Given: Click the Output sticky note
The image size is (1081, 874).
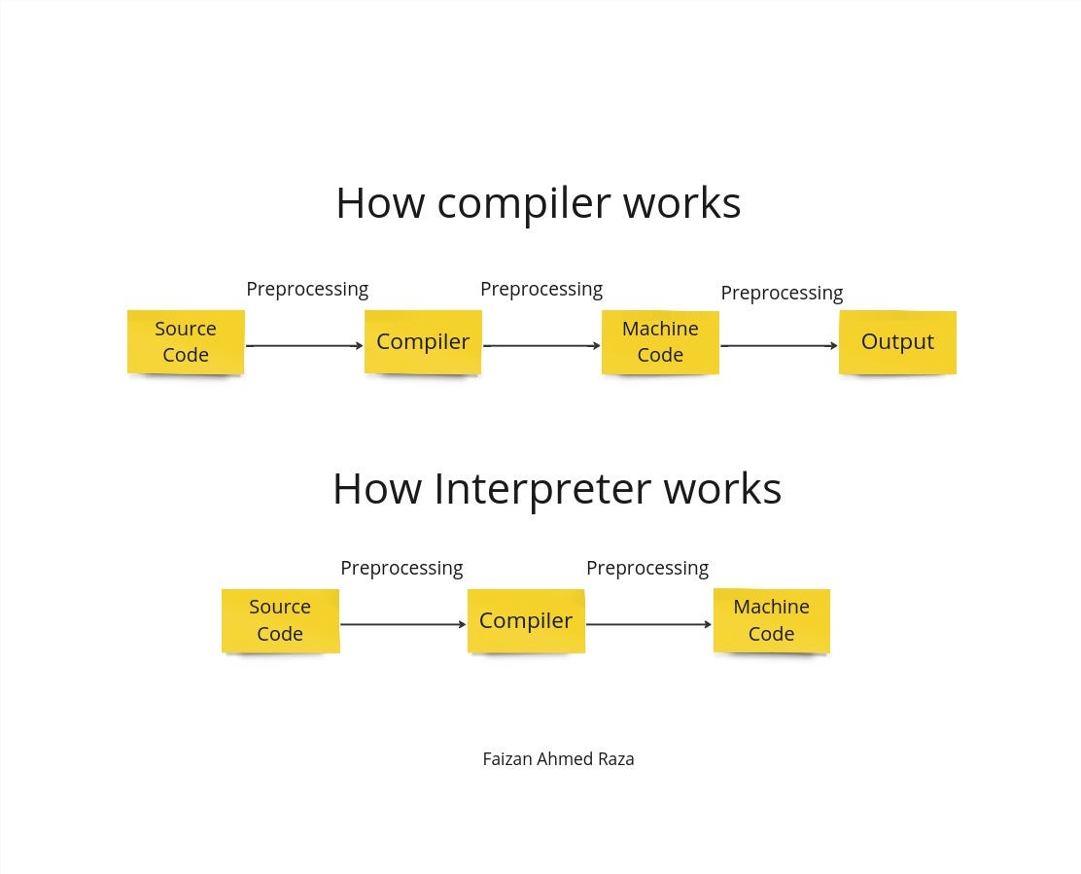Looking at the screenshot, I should [x=897, y=341].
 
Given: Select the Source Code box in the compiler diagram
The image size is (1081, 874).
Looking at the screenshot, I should [x=186, y=341].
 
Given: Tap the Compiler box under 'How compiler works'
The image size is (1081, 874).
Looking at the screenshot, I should [x=423, y=341].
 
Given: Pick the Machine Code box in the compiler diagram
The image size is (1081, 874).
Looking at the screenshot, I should [x=660, y=341].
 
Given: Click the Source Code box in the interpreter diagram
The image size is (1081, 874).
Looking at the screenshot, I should [x=280, y=620].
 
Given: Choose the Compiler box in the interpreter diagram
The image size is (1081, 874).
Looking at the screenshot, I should [x=526, y=620].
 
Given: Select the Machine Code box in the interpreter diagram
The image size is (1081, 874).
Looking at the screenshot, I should [x=771, y=620].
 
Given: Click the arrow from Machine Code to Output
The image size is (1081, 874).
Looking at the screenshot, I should [x=779, y=345].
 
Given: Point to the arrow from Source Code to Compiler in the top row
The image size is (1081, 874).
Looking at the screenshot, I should [x=304, y=345].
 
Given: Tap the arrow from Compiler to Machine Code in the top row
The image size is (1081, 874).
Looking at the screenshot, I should [x=541, y=345].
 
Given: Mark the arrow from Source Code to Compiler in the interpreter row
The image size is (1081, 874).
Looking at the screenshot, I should [x=402, y=624].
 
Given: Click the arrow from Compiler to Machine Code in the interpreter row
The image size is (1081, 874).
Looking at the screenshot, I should [x=648, y=624].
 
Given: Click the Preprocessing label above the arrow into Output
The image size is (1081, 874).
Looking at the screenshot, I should [x=782, y=293].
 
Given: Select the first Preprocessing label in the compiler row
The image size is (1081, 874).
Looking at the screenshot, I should [x=307, y=289].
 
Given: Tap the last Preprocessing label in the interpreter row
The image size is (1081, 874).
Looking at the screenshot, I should [x=647, y=568].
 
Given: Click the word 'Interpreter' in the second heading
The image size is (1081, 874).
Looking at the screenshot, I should [x=541, y=488].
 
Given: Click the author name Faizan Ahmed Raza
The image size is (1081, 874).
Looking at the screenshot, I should [x=558, y=759].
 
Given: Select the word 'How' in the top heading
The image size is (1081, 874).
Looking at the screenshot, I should [x=380, y=203].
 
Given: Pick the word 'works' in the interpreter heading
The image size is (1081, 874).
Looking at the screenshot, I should [x=722, y=488].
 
